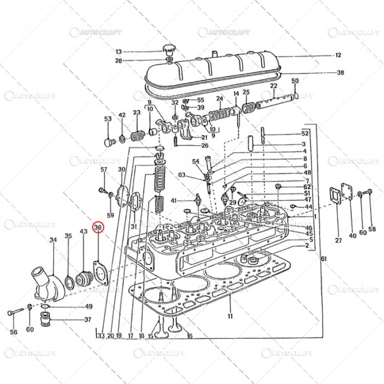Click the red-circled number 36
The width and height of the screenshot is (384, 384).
pos(98,227)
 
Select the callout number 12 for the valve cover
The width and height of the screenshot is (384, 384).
pos(338,55)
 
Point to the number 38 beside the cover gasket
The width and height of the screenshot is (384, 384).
pos(340,73)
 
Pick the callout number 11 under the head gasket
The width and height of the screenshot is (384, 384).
pos(230,317)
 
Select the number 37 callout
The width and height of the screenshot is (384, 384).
pos(88,320)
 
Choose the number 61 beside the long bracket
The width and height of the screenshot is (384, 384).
pos(324,258)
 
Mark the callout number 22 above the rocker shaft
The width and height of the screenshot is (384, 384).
pos(274,86)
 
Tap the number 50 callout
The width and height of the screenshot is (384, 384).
pos(295,81)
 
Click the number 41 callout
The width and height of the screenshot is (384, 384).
pos(173,201)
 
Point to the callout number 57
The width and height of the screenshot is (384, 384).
pos(103,170)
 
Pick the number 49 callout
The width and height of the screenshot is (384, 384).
pos(88,307)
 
